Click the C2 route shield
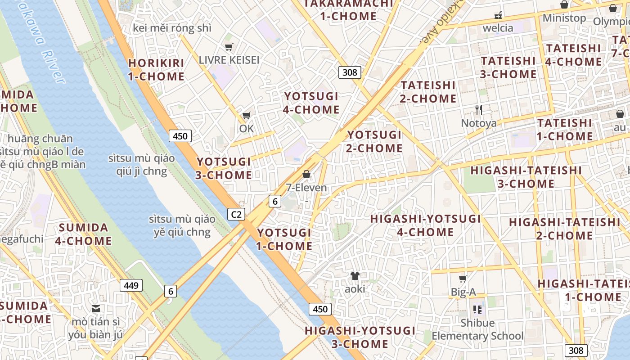point(236,214)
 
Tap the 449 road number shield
point(131,285)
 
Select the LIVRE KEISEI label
point(229,60)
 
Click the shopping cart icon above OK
point(246,116)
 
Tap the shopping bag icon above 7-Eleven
point(306,174)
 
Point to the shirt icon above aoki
point(355,276)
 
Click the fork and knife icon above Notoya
point(479,109)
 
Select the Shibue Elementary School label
point(477,329)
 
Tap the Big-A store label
point(463,292)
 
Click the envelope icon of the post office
point(96,309)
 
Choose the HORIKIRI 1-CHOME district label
point(156,70)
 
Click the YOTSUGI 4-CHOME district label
point(311,103)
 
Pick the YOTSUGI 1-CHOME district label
point(284,239)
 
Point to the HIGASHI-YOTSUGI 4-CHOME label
point(425,225)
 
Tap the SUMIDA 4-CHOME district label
point(84,234)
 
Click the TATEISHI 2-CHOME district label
point(428,92)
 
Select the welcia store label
point(498,28)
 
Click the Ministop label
point(564,18)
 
